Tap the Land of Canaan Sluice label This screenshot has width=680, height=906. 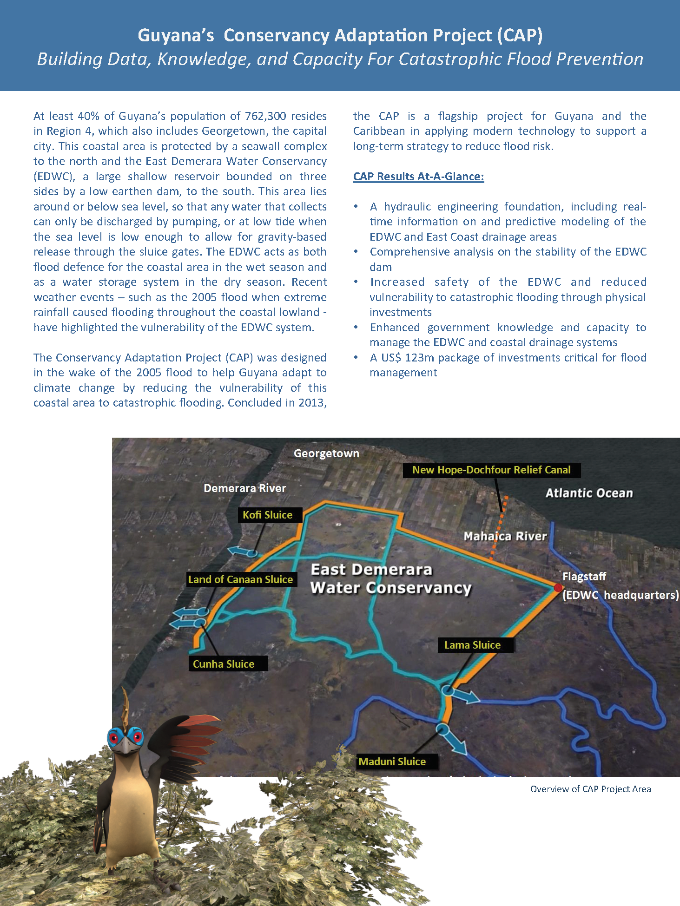click(x=241, y=579)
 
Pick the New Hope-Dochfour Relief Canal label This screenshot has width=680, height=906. click(x=492, y=470)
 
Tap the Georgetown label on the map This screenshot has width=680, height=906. click(x=326, y=453)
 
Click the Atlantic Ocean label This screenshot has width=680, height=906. click(x=589, y=493)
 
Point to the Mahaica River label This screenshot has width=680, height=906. click(x=505, y=536)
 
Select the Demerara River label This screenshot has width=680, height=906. click(x=244, y=488)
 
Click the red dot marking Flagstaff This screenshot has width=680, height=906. click(x=558, y=588)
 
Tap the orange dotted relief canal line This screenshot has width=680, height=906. click(x=499, y=530)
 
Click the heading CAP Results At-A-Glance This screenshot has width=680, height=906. click(x=418, y=177)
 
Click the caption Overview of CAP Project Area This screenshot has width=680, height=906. click(x=590, y=789)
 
